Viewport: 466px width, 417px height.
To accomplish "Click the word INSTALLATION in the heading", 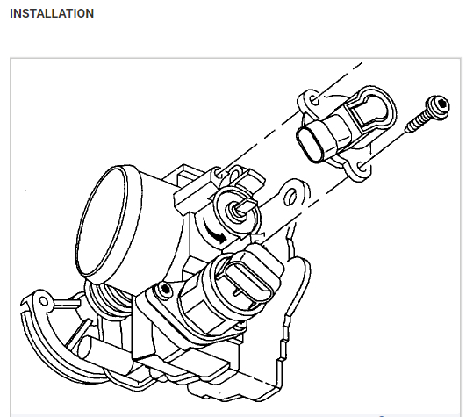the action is tap(52, 13).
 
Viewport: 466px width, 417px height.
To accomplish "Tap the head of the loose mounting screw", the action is tap(437, 108).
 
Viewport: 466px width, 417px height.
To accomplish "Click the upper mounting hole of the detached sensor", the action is tap(314, 100).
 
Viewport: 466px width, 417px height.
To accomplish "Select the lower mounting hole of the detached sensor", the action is tap(362, 167).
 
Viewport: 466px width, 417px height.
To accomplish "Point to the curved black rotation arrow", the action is tap(215, 232).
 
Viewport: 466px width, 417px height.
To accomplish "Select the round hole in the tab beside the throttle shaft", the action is tap(290, 197).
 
